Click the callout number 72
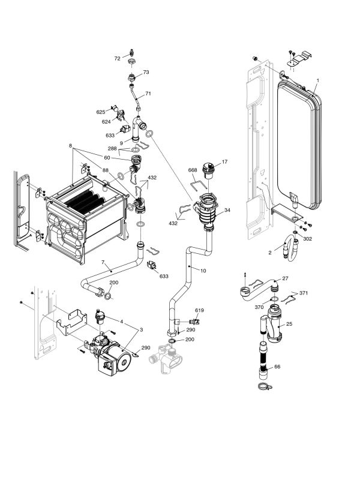coord(118,59)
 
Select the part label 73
coord(146,73)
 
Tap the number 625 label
coord(101,112)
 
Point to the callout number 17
coord(224,162)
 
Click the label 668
coord(193,170)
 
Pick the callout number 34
coord(227,210)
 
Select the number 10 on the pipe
coord(203,271)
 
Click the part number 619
coord(200,310)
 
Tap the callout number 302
coord(307,238)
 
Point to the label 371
coord(304,293)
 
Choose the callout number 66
coord(277,367)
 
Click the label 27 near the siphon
coord(286,278)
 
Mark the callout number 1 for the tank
coord(317,80)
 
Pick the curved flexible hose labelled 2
coord(291,248)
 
